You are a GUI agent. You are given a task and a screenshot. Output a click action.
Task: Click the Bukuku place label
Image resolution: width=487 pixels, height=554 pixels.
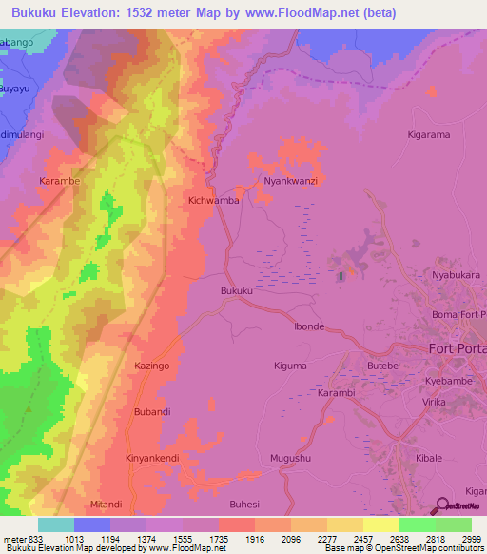click(237, 290)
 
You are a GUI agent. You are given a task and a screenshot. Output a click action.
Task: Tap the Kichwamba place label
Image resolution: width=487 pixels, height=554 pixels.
click(213, 201)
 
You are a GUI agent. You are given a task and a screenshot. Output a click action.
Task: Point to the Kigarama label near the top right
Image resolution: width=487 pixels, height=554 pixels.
click(428, 135)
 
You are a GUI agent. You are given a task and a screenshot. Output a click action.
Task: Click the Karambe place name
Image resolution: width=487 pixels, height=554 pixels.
click(59, 179)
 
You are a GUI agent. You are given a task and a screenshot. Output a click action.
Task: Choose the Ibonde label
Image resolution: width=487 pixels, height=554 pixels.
click(309, 326)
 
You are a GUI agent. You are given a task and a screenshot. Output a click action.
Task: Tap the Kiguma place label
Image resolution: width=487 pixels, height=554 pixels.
click(290, 366)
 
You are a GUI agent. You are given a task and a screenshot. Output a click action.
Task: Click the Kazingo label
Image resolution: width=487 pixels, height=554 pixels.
click(151, 366)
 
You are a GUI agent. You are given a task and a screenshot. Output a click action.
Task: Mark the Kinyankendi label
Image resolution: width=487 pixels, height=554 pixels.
click(152, 458)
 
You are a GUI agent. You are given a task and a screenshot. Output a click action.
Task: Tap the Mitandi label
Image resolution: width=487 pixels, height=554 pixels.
click(106, 504)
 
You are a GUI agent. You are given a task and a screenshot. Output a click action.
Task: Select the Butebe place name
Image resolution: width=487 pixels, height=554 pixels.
click(383, 366)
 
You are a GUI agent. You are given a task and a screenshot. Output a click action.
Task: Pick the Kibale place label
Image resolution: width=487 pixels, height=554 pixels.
click(429, 458)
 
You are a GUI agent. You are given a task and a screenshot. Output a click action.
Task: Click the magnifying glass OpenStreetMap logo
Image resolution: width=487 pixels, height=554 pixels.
click(442, 506)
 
